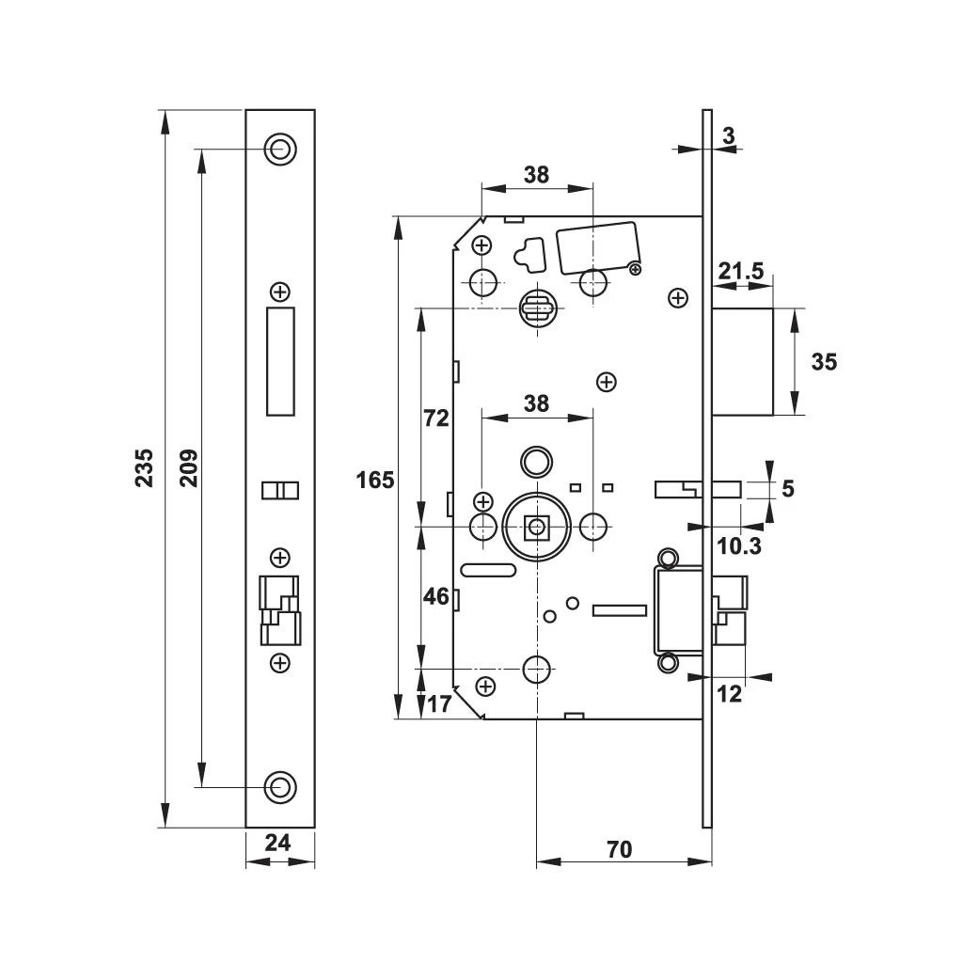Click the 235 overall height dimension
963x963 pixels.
pos(144,467)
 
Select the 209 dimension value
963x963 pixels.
pos(188,467)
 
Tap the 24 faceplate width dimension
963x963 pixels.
pos(277,844)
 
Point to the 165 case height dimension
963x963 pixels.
pos(374,481)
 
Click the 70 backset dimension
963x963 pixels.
pos(619,849)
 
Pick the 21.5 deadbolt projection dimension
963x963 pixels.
pos(741,273)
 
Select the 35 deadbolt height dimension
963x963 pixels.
pos(824,361)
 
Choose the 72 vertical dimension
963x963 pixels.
pos(436,419)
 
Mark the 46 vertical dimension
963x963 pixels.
pos(436,596)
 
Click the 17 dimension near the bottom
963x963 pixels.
pos(439,703)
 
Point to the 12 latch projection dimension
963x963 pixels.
pos(730,694)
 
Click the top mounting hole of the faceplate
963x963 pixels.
pos(279,149)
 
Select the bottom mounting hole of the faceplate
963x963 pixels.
pos(279,786)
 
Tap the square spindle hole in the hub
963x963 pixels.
pos(537,527)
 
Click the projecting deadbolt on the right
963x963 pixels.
pos(743,361)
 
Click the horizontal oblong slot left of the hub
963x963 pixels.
pos(487,570)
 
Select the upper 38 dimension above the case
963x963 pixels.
pos(536,174)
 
